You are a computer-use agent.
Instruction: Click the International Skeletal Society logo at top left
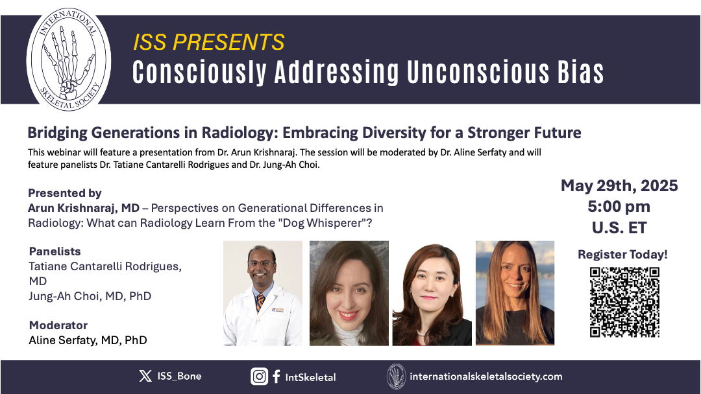pyautogui.click(x=68, y=60)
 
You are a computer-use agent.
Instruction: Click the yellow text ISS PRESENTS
pyautogui.click(x=209, y=42)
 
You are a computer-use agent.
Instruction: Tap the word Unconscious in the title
pyautogui.click(x=478, y=72)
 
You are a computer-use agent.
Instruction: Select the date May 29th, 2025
pyautogui.click(x=619, y=185)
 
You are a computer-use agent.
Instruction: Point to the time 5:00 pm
pyautogui.click(x=619, y=207)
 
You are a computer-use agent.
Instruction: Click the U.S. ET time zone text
pyautogui.click(x=619, y=227)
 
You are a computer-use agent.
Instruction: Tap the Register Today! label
pyautogui.click(x=622, y=254)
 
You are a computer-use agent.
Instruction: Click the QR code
pyautogui.click(x=624, y=302)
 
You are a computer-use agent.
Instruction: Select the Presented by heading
pyautogui.click(x=65, y=193)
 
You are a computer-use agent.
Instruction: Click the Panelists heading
pyautogui.click(x=55, y=251)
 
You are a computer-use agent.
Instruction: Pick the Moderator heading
pyautogui.click(x=58, y=325)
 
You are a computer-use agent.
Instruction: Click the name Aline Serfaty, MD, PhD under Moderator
pyautogui.click(x=88, y=340)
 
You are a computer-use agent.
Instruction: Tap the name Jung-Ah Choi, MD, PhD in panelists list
pyautogui.click(x=90, y=296)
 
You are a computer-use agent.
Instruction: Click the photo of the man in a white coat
pyautogui.click(x=263, y=293)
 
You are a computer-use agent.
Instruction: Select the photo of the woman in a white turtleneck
pyautogui.click(x=349, y=293)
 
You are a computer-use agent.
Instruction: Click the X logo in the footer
pyautogui.click(x=145, y=376)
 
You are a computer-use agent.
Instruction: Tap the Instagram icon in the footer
pyautogui.click(x=259, y=377)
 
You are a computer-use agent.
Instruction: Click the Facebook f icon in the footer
pyautogui.click(x=277, y=377)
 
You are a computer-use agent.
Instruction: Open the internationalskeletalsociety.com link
pyautogui.click(x=486, y=377)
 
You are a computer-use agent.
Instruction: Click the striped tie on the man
pyautogui.click(x=260, y=302)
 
